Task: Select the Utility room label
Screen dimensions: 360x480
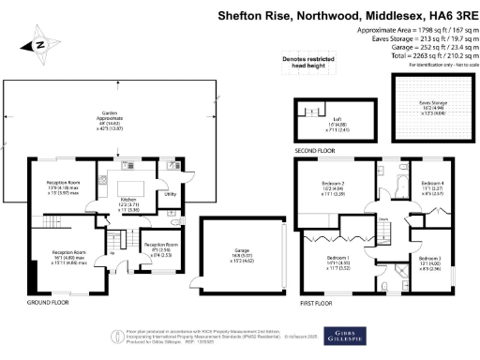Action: pos(171,194)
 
